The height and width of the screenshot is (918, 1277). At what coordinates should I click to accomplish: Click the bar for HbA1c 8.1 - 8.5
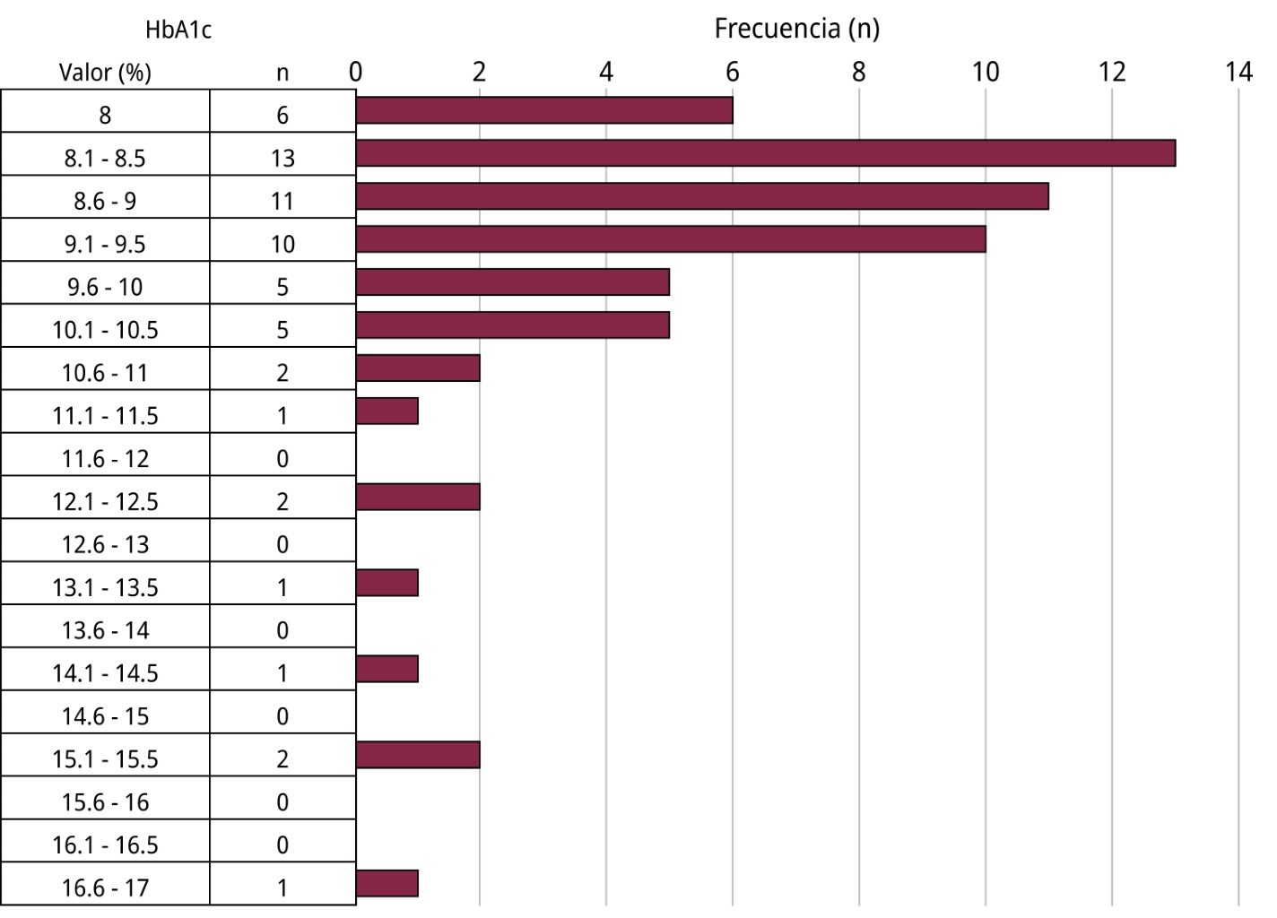click(x=765, y=153)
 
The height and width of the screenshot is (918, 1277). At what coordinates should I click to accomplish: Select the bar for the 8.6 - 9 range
click(x=702, y=196)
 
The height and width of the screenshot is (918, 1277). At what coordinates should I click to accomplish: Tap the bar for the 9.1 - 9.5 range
click(x=671, y=239)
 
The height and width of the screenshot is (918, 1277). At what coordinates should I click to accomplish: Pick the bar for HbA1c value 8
click(x=544, y=110)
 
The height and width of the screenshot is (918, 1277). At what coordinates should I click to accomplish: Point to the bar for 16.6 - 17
click(x=387, y=883)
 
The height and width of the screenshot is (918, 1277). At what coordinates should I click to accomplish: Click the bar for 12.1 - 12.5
click(x=418, y=497)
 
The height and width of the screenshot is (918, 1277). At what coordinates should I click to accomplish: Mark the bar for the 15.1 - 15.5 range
click(x=418, y=755)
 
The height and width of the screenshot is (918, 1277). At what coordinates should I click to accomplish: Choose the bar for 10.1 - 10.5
click(x=513, y=325)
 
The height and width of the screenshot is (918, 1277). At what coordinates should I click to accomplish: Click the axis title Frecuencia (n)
click(x=796, y=29)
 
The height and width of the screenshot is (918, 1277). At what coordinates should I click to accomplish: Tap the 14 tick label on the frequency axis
click(x=1238, y=72)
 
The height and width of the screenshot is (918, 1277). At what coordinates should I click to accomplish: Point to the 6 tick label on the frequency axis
click(x=733, y=72)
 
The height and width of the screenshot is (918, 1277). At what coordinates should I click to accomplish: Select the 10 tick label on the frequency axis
click(x=986, y=72)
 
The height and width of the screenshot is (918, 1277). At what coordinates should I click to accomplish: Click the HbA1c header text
click(x=178, y=30)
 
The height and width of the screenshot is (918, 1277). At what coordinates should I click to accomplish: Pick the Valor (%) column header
click(x=105, y=73)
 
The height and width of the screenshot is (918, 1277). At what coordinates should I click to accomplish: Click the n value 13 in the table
click(x=282, y=159)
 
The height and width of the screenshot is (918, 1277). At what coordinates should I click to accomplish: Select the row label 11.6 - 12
click(x=105, y=459)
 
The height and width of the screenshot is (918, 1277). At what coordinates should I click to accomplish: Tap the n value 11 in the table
click(x=282, y=201)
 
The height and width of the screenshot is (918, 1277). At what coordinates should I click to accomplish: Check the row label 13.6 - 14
click(x=105, y=631)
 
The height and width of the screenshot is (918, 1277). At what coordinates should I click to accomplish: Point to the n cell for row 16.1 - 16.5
click(x=282, y=845)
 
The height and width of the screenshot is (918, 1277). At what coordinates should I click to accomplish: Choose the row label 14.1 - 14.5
click(x=105, y=673)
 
